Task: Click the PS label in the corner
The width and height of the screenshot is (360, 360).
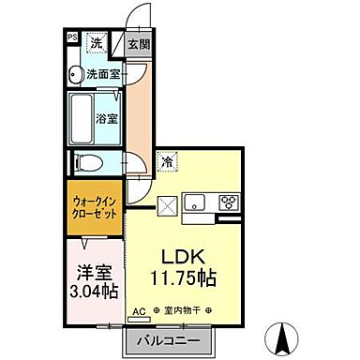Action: [71, 38]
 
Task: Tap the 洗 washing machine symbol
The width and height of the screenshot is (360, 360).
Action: [97, 41]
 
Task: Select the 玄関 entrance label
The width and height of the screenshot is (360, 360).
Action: [139, 43]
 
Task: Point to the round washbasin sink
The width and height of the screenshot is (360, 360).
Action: [74, 73]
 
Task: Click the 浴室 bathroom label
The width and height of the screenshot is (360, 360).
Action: [106, 119]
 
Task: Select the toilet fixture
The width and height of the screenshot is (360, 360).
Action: [82, 161]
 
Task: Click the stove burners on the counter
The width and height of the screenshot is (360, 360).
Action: [229, 202]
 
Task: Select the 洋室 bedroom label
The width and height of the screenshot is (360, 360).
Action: [96, 273]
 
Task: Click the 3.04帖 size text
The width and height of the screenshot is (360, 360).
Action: [96, 292]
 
